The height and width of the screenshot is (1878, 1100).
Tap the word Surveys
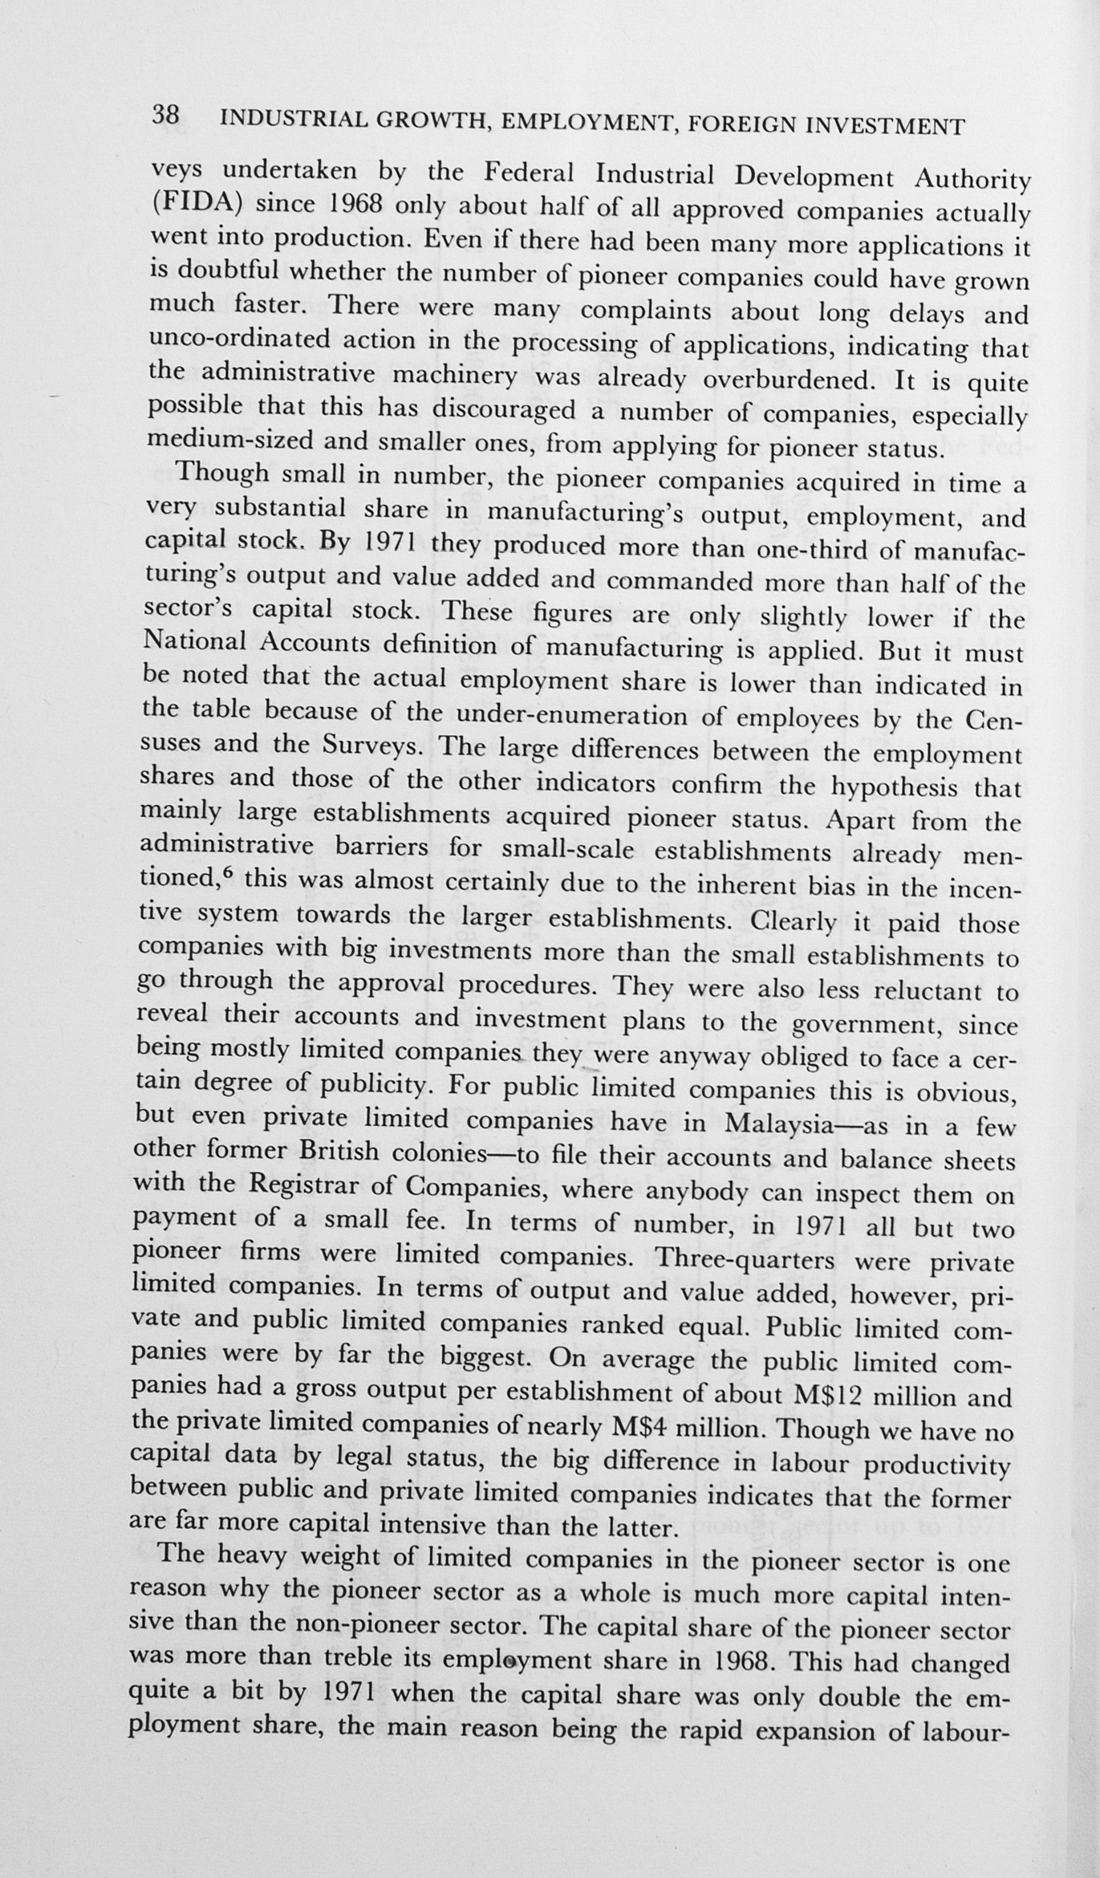click(x=371, y=746)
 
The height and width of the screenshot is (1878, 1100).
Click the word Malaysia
click(x=777, y=1124)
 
